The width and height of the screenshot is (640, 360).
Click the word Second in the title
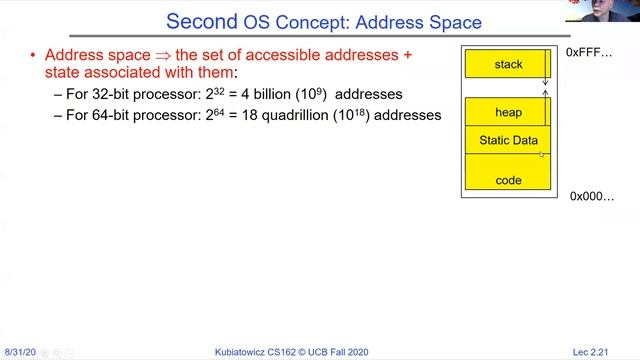click(x=201, y=21)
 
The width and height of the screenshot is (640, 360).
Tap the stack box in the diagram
click(x=508, y=65)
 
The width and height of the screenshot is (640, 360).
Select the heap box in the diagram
click(x=508, y=112)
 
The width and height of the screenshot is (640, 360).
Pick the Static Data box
click(x=508, y=141)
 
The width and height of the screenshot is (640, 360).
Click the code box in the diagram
click(x=508, y=181)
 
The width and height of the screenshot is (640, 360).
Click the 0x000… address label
click(x=592, y=196)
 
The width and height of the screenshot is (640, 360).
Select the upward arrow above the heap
click(x=545, y=95)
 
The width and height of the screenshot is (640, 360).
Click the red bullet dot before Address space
click(x=33, y=54)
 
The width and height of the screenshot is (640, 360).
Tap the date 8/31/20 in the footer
click(x=20, y=353)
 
